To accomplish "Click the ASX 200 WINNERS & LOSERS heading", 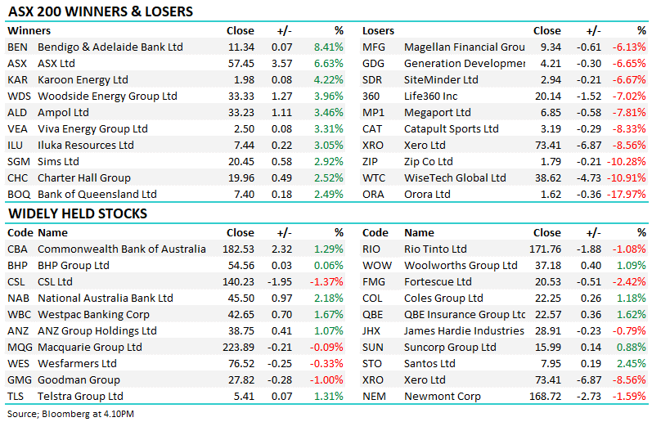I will pos(100,12).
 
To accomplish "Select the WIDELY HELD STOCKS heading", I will pos(77,214).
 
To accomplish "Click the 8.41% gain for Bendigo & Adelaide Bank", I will pos(329,47).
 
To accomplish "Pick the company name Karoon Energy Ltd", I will pos(83,80).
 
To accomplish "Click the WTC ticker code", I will pos(374,178).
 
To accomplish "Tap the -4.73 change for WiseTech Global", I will pos(587,178).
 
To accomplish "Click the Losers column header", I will pos(378,31).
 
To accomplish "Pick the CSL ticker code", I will pos(17,282).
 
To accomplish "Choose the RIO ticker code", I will pos(373,249).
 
